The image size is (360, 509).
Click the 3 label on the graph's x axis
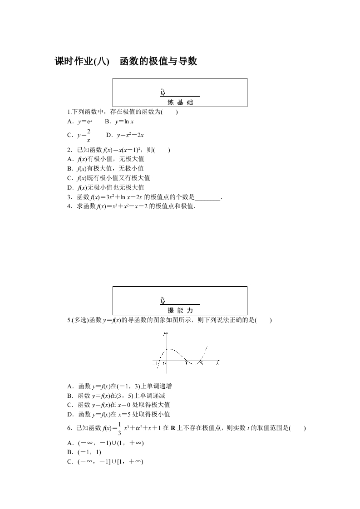[x=186, y=363]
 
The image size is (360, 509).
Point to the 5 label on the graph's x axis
[x=201, y=363]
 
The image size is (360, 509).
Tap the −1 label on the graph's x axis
[x=156, y=364]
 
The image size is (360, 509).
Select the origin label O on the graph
[x=164, y=363]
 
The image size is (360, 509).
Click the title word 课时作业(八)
[x=82, y=61]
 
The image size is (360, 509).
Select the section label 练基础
[x=180, y=102]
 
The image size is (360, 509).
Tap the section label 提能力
[x=180, y=310]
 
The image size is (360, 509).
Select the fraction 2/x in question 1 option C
[x=88, y=135]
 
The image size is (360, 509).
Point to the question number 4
[x=69, y=206]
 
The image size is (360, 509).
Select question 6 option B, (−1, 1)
[x=84, y=452]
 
